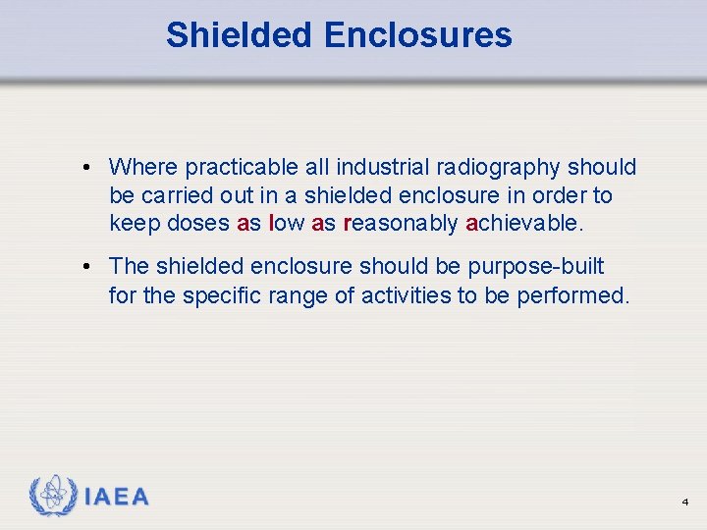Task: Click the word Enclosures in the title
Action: click(x=417, y=35)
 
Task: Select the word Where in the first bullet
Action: click(x=142, y=168)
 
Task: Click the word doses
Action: click(x=199, y=224)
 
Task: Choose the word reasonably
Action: click(x=401, y=224)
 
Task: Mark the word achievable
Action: click(x=524, y=224)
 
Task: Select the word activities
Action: click(x=406, y=294)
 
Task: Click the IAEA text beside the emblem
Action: click(x=117, y=498)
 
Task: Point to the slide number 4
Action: click(x=685, y=503)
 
